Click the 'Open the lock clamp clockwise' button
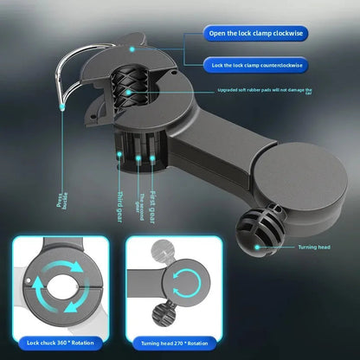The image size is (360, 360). point(254,34)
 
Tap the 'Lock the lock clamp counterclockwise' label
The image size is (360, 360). point(254,65)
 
